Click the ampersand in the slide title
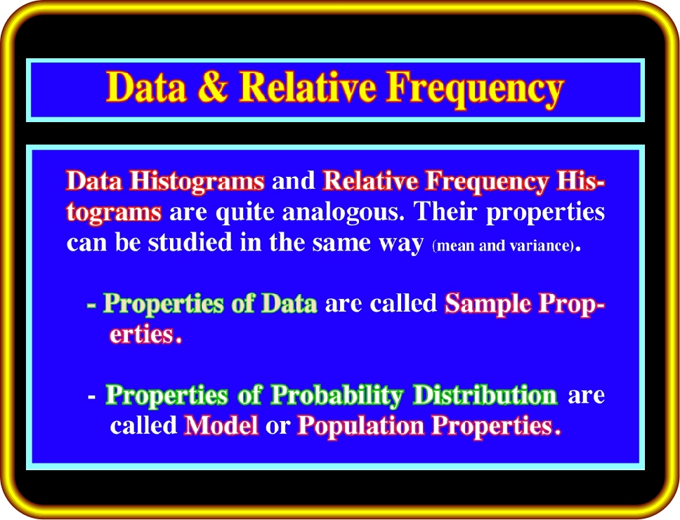(x=212, y=87)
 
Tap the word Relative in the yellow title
(x=308, y=87)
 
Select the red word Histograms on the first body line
(x=197, y=180)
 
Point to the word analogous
(x=343, y=213)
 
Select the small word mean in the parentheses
(x=456, y=246)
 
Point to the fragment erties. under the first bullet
(x=145, y=333)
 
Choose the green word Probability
(x=337, y=396)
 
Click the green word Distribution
(x=485, y=394)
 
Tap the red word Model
(x=221, y=425)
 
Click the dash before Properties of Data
(x=91, y=305)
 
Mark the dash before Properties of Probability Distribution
(x=91, y=396)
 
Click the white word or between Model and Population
(x=277, y=427)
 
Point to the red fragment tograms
(x=114, y=213)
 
